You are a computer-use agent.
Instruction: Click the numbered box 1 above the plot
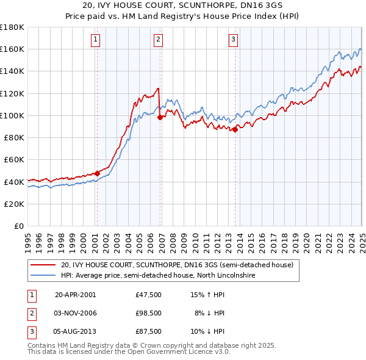96,40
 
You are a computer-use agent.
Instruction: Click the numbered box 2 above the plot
158,40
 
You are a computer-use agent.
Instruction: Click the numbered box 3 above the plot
233,40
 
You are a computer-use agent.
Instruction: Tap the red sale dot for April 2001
97,173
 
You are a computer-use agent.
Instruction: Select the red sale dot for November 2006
160,117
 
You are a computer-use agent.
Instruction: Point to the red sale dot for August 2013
235,129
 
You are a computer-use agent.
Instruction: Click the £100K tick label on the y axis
13,115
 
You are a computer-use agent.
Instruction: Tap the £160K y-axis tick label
13,49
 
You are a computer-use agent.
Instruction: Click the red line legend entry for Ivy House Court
177,265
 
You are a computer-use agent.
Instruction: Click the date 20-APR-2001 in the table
75,294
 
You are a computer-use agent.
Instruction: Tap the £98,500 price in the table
149,313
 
